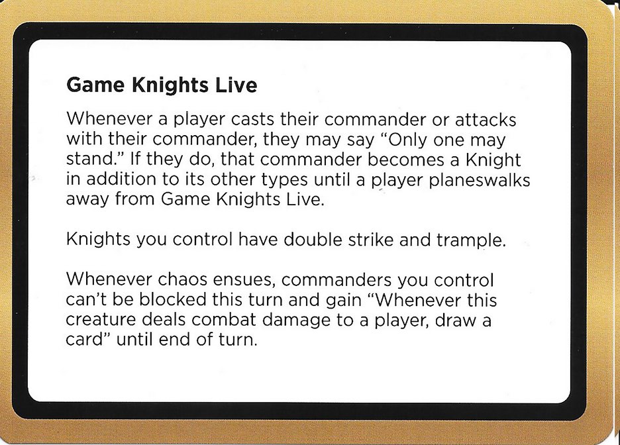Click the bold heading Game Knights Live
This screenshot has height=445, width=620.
(x=162, y=85)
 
